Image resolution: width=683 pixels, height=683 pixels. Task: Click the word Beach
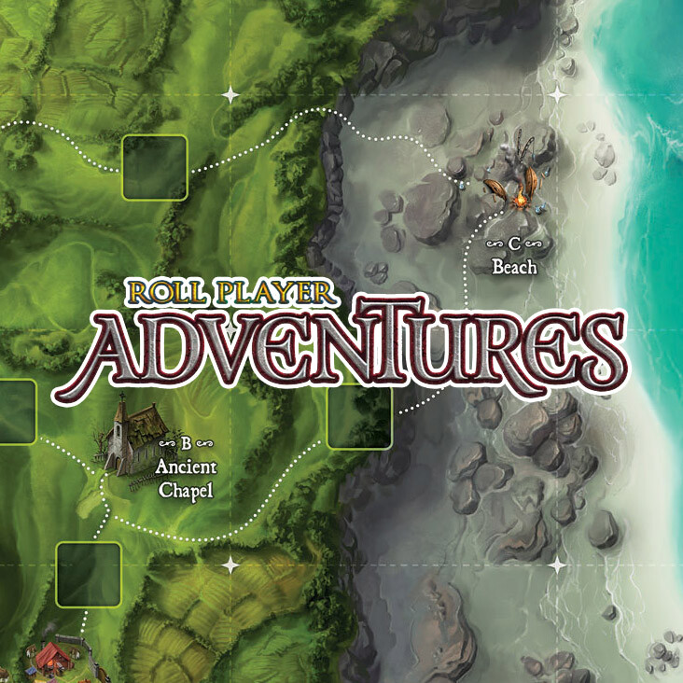click(x=514, y=268)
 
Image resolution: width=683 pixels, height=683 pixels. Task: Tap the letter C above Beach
click(x=514, y=244)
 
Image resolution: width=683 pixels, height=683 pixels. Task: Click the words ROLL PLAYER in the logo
click(x=230, y=292)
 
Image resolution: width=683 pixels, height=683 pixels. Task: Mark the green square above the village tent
click(x=89, y=574)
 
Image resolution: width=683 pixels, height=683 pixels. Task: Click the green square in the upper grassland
click(x=155, y=168)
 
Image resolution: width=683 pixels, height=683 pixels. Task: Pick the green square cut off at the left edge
click(x=16, y=411)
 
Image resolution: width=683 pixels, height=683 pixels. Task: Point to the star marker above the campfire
click(x=558, y=95)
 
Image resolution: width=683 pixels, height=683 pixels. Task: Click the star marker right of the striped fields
click(x=230, y=565)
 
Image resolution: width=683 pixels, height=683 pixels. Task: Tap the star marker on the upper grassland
click(x=230, y=95)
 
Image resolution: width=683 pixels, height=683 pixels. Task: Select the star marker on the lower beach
click(x=558, y=565)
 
